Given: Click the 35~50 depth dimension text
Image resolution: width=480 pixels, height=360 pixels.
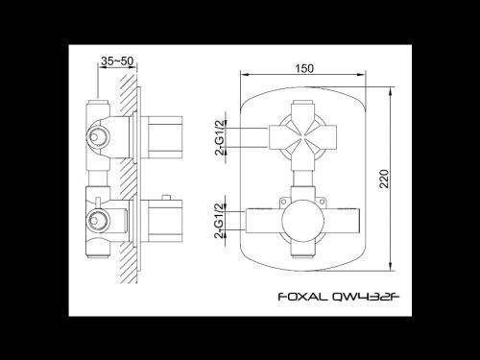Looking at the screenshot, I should [117, 60].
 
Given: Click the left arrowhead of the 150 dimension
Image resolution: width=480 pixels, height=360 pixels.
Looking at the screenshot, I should [243, 76].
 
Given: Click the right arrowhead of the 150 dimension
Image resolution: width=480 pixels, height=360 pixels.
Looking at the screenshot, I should [371, 76].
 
